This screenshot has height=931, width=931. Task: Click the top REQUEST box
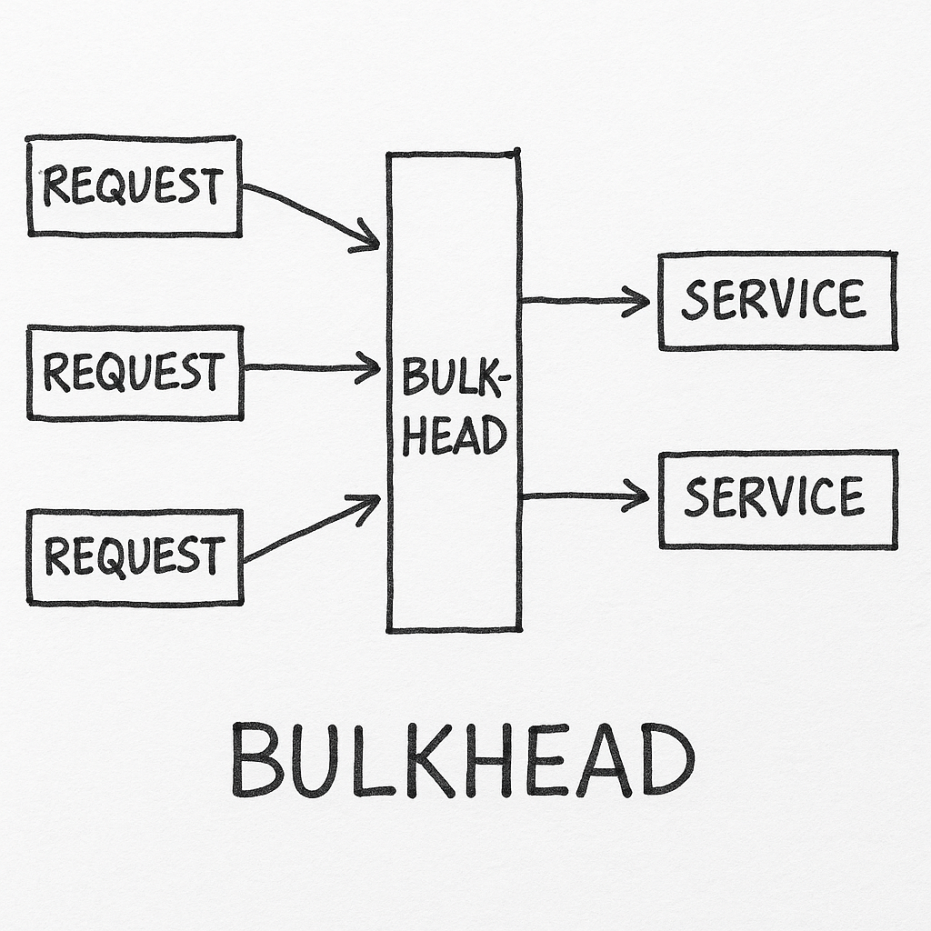pos(135,186)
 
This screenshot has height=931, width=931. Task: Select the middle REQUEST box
pos(135,372)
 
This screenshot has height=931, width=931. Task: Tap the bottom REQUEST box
pos(135,556)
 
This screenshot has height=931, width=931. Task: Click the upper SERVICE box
pos(777,300)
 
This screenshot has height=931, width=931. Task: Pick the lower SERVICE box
pos(777,498)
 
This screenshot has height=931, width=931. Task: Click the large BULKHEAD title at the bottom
pos(463,759)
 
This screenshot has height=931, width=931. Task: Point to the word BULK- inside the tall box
pos(452,377)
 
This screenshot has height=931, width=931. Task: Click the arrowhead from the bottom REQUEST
pos(368,503)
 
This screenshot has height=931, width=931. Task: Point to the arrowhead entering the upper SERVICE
pos(638,300)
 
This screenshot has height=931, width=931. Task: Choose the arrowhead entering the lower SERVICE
pos(638,496)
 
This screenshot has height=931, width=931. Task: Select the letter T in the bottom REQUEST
pos(211,556)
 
